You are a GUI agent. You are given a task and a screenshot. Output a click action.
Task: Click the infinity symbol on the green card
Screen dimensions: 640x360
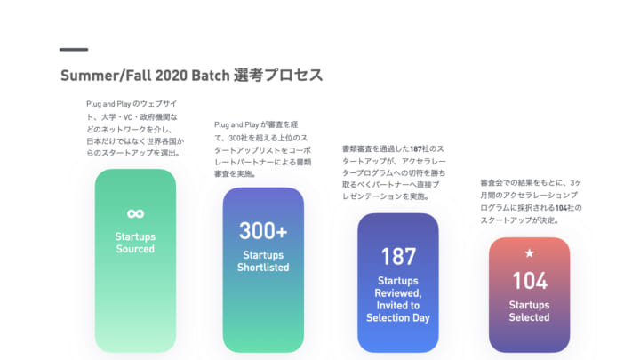click(x=135, y=213)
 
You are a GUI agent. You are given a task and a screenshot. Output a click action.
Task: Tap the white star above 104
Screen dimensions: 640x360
click(x=530, y=253)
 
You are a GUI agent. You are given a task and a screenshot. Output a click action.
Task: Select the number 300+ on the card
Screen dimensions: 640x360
click(x=263, y=230)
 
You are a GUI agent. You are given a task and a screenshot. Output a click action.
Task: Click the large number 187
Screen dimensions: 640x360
click(x=398, y=256)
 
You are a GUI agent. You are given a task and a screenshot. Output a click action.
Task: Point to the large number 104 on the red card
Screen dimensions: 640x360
click(x=530, y=281)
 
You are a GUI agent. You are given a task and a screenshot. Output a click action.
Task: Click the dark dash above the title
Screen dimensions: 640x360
click(x=74, y=50)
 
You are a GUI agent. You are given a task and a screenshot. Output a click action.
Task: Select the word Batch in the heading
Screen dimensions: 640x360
click(x=211, y=76)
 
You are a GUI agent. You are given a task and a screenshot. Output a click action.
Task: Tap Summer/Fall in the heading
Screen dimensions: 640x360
click(x=106, y=76)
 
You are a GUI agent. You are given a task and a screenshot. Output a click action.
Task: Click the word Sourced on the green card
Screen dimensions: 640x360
click(x=135, y=249)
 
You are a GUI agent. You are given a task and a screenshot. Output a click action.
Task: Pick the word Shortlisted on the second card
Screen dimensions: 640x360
click(x=263, y=268)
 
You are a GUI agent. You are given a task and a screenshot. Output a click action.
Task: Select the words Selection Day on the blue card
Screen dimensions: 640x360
click(x=398, y=317)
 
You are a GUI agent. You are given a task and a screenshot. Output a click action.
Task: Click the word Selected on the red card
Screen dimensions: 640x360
click(x=530, y=317)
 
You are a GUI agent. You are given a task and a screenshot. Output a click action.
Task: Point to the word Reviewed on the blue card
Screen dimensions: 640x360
click(x=397, y=293)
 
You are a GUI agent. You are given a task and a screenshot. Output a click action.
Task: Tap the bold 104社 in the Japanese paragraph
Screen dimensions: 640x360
click(x=565, y=208)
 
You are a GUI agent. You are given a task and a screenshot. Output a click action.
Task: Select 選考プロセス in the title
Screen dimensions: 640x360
click(x=278, y=76)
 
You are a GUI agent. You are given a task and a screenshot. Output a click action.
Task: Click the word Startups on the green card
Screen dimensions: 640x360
click(x=135, y=236)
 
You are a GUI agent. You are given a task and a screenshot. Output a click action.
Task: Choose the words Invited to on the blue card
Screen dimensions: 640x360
click(x=398, y=305)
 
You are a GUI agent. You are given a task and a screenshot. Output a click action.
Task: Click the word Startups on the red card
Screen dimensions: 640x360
click(x=530, y=305)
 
